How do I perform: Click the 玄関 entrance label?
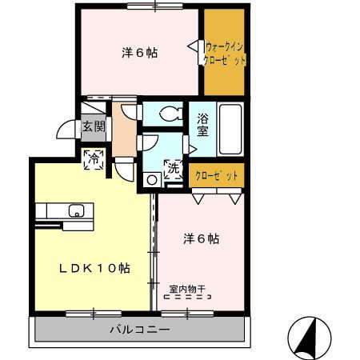click(x=93, y=126)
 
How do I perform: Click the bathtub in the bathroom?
click(x=230, y=129)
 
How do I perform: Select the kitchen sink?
click(x=77, y=211)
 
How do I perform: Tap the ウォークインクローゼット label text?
click(x=225, y=54)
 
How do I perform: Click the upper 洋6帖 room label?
click(x=139, y=53)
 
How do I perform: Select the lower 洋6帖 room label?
click(x=201, y=238)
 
